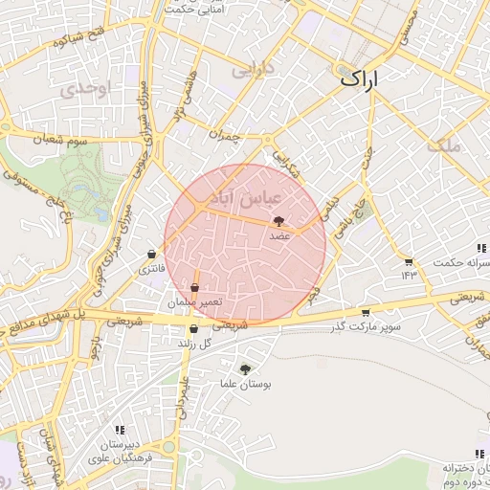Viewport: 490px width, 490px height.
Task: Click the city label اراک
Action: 359,79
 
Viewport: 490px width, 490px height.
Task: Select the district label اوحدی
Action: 85,89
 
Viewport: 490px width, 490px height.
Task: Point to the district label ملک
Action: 446,145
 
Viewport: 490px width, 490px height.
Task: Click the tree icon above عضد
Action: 278,220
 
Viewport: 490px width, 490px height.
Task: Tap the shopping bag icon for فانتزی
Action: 151,254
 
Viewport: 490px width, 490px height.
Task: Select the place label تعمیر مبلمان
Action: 195,301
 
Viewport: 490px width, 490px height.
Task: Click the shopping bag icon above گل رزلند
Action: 193,329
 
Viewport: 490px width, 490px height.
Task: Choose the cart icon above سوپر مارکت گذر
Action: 365,313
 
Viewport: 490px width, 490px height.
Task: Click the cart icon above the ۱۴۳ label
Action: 409,261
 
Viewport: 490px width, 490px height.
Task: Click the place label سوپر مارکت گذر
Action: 365,328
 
